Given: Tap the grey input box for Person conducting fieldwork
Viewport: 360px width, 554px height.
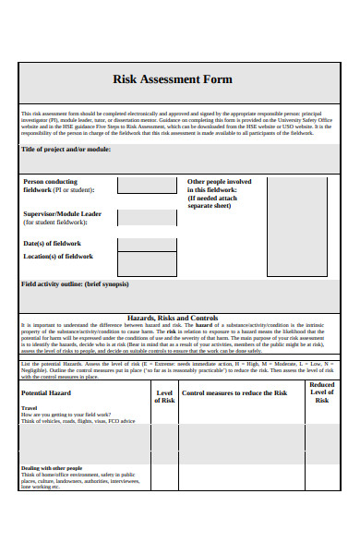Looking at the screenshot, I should pos(146,186).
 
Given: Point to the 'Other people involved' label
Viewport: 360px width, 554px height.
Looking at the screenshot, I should pos(219,182).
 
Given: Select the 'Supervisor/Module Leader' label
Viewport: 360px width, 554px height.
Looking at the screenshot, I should pos(62,213).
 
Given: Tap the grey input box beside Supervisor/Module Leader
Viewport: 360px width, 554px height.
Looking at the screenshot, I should pos(146,218).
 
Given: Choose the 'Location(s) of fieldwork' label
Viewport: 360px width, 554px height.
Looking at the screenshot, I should pos(58,256).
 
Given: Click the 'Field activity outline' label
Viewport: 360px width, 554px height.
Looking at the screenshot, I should pos(75,283).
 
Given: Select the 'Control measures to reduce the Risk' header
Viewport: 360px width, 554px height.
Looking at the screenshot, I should pos(234,392).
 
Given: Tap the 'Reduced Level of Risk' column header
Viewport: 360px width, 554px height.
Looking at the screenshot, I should pos(321,392).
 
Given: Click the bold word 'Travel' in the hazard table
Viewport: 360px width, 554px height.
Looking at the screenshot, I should pos(30,407).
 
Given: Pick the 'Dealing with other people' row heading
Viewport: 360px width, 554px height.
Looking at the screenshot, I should pos(52,468).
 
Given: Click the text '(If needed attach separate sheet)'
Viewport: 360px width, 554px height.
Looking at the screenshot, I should pos(212,201).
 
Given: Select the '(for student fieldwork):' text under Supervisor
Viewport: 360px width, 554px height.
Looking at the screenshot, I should pos(55,223).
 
